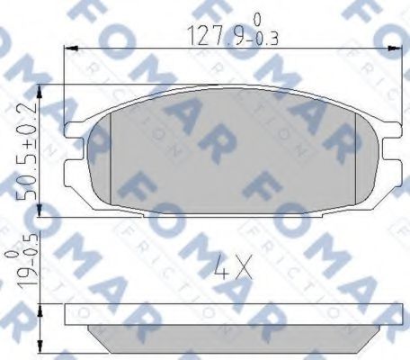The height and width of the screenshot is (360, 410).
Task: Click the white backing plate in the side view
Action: (x=225, y=315)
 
